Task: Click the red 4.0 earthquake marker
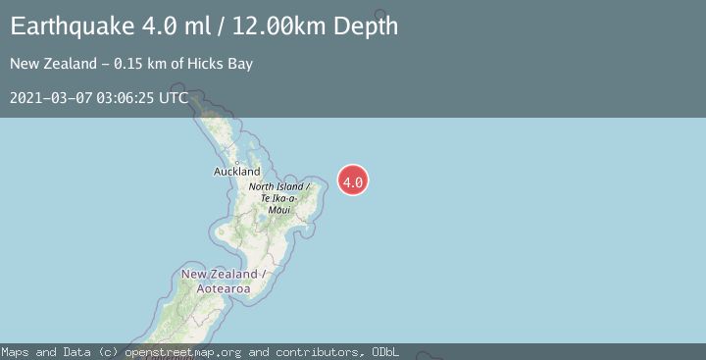[x=353, y=180]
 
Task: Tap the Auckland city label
[x=237, y=171]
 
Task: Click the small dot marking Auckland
[x=236, y=162]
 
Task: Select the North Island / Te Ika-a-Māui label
[x=278, y=197]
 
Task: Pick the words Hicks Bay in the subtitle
[x=225, y=65]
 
